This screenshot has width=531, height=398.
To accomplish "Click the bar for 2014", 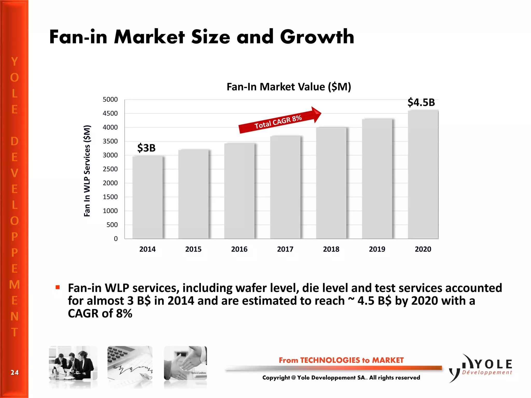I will click(148, 197).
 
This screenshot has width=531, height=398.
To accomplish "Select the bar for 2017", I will click(285, 187).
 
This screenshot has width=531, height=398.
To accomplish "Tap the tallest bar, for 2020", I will click(423, 174).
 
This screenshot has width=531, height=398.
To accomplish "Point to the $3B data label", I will click(146, 148).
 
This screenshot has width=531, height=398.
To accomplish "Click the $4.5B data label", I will click(421, 102).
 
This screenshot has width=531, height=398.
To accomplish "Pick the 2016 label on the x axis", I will click(239, 249).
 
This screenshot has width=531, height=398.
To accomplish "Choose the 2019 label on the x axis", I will click(377, 249).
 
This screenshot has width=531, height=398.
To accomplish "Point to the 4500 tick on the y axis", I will click(110, 113).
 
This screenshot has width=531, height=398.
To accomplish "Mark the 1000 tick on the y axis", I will click(110, 211).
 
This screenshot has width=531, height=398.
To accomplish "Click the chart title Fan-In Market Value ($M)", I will click(289, 87).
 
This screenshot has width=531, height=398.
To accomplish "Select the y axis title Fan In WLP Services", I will click(87, 171).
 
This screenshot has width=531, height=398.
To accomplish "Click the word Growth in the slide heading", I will click(317, 37).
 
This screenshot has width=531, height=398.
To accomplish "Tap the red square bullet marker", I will click(58, 287).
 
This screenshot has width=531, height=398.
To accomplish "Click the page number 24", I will click(15, 373).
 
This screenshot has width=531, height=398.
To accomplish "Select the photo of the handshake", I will click(185, 363).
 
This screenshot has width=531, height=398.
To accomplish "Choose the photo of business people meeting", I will click(73, 363).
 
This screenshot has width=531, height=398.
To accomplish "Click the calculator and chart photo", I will click(130, 363).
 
